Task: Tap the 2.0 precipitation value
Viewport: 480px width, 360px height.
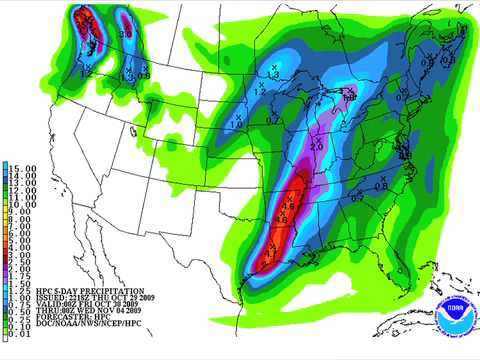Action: [317, 147]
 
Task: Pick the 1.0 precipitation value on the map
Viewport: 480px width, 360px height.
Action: [238, 124]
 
